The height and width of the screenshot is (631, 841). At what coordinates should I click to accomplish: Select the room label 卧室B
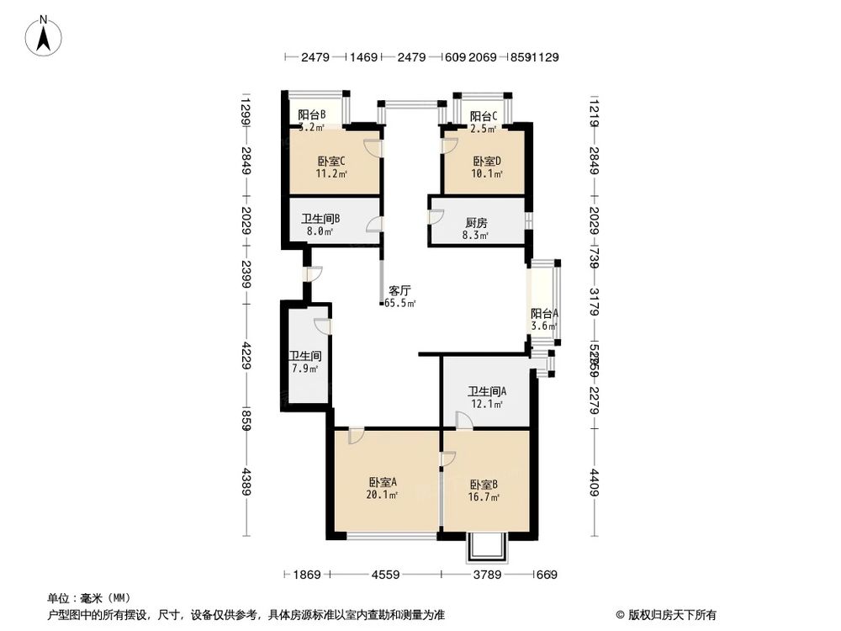pyautogui.click(x=484, y=484)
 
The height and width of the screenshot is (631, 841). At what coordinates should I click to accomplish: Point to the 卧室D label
pyautogui.click(x=486, y=162)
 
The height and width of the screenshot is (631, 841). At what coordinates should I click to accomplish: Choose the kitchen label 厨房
pyautogui.click(x=476, y=224)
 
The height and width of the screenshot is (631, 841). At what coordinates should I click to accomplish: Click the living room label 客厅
pyautogui.click(x=399, y=290)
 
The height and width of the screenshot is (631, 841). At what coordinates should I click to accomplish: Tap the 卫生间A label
pyautogui.click(x=487, y=391)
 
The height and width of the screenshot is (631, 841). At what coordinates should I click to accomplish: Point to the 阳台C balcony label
pyautogui.click(x=483, y=116)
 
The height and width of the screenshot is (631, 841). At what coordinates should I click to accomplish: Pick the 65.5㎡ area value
pyautogui.click(x=400, y=303)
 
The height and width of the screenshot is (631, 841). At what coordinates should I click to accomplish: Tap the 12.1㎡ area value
pyautogui.click(x=487, y=405)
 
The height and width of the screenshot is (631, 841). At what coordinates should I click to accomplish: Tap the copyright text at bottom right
pyautogui.click(x=664, y=614)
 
